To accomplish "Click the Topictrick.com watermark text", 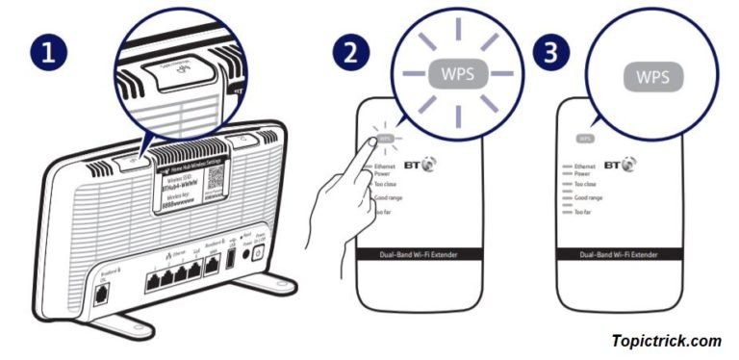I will pyautogui.click(x=665, y=341).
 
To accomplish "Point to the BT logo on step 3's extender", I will pyautogui.click(x=617, y=166).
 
